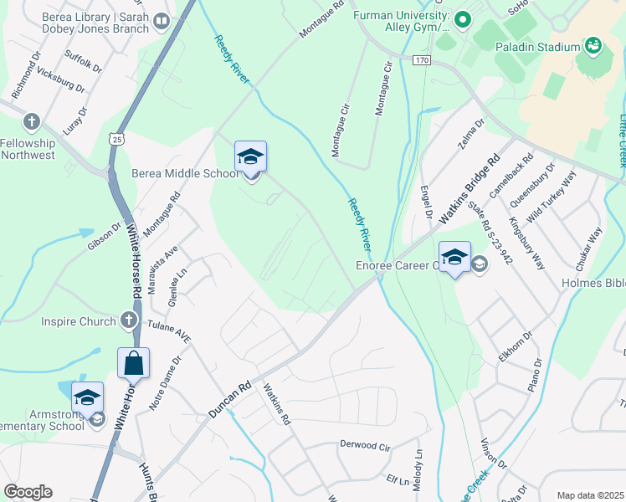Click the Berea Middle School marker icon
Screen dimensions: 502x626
(x=250, y=156)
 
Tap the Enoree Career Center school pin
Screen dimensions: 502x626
(x=454, y=257)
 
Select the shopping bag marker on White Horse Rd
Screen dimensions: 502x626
(x=133, y=363)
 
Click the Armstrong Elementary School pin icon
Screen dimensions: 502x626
(x=87, y=397)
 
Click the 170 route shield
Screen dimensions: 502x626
(x=420, y=60)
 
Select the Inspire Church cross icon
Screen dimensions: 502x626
(x=127, y=319)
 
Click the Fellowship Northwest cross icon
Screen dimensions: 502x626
(x=32, y=122)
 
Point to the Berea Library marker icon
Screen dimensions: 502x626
(x=160, y=21)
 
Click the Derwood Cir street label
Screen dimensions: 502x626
(x=366, y=446)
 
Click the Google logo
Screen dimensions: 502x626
(x=28, y=492)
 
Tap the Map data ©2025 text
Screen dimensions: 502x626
(x=590, y=495)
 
